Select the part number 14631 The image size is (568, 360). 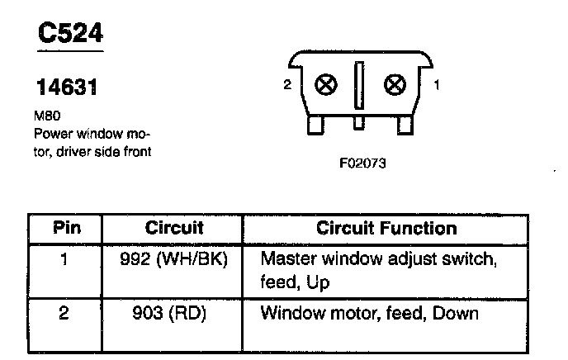[x=66, y=87]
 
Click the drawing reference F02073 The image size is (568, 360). [x=362, y=163]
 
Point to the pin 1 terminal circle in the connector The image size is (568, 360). [x=396, y=85]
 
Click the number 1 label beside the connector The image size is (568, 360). [x=437, y=83]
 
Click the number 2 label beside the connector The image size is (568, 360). [x=286, y=84]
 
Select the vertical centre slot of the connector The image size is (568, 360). [x=360, y=85]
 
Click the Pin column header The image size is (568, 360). [x=67, y=227]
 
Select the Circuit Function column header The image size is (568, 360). [x=386, y=227]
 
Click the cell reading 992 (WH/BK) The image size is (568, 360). [x=173, y=258]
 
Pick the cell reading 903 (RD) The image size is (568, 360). [x=173, y=314]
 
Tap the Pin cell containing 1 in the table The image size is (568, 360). [x=67, y=258]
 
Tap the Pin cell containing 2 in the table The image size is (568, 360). [x=67, y=314]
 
